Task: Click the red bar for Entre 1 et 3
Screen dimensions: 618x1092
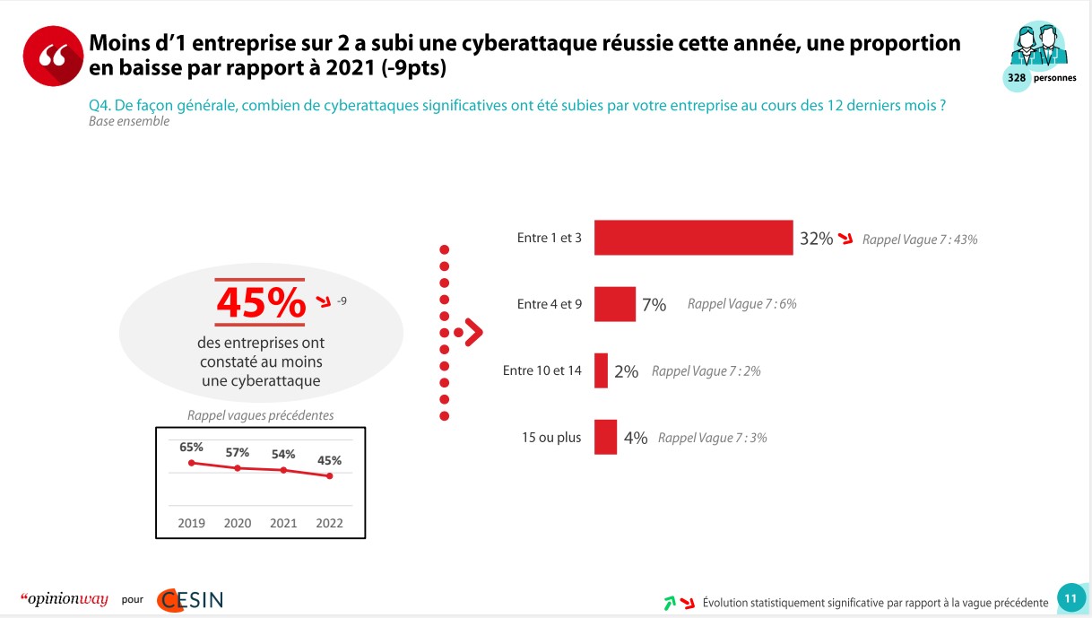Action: [693, 238]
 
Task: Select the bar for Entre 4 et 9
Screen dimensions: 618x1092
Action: [615, 304]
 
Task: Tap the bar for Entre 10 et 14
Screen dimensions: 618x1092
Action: [601, 370]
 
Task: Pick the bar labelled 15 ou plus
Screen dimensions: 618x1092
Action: [605, 437]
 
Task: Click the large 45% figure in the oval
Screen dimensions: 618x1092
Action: [261, 303]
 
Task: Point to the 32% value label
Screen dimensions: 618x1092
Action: [816, 239]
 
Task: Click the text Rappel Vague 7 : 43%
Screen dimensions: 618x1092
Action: [919, 239]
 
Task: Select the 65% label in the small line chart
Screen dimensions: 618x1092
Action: [191, 447]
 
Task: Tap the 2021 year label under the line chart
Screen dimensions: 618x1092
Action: [283, 523]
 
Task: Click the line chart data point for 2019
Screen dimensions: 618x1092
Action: [191, 463]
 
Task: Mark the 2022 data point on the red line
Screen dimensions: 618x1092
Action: [329, 475]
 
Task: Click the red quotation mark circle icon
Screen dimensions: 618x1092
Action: [52, 56]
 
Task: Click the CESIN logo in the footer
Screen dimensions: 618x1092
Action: [190, 600]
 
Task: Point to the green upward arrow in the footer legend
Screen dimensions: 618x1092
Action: [669, 603]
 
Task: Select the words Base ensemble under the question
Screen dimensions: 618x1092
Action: [129, 121]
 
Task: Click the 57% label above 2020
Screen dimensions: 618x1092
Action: [238, 452]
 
